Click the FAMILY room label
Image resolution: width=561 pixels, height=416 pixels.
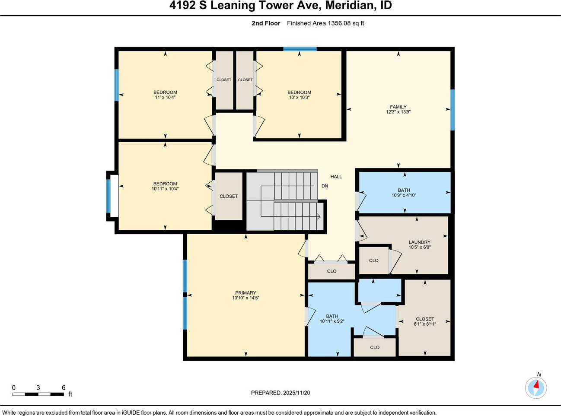pyautogui.click(x=398, y=107)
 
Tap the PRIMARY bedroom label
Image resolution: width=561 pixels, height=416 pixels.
pyautogui.click(x=245, y=293)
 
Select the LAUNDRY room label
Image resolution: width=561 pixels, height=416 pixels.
pyautogui.click(x=420, y=242)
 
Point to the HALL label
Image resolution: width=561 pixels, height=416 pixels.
pyautogui.click(x=336, y=177)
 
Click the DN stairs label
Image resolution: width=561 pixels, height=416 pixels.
pyautogui.click(x=325, y=186)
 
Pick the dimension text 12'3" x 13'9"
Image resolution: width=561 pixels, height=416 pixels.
pyautogui.click(x=398, y=112)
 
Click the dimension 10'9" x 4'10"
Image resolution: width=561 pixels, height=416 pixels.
pyautogui.click(x=404, y=195)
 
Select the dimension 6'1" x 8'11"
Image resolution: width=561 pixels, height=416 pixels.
pyautogui.click(x=425, y=324)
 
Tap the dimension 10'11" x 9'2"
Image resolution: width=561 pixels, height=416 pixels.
pyautogui.click(x=332, y=321)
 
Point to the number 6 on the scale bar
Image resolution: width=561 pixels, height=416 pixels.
pyautogui.click(x=64, y=387)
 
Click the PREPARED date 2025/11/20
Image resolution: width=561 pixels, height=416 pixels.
pyautogui.click(x=296, y=393)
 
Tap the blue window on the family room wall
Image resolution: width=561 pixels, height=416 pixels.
pyautogui.click(x=453, y=110)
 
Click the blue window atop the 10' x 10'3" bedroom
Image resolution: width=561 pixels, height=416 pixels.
pyautogui.click(x=300, y=49)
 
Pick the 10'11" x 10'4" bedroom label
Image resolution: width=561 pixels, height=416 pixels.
pyautogui.click(x=165, y=186)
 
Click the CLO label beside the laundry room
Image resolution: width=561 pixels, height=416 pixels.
pyautogui.click(x=373, y=260)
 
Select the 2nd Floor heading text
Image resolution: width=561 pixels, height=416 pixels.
pyautogui.click(x=266, y=23)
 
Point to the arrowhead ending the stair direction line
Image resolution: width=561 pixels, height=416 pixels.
pyautogui.click(x=319, y=216)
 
